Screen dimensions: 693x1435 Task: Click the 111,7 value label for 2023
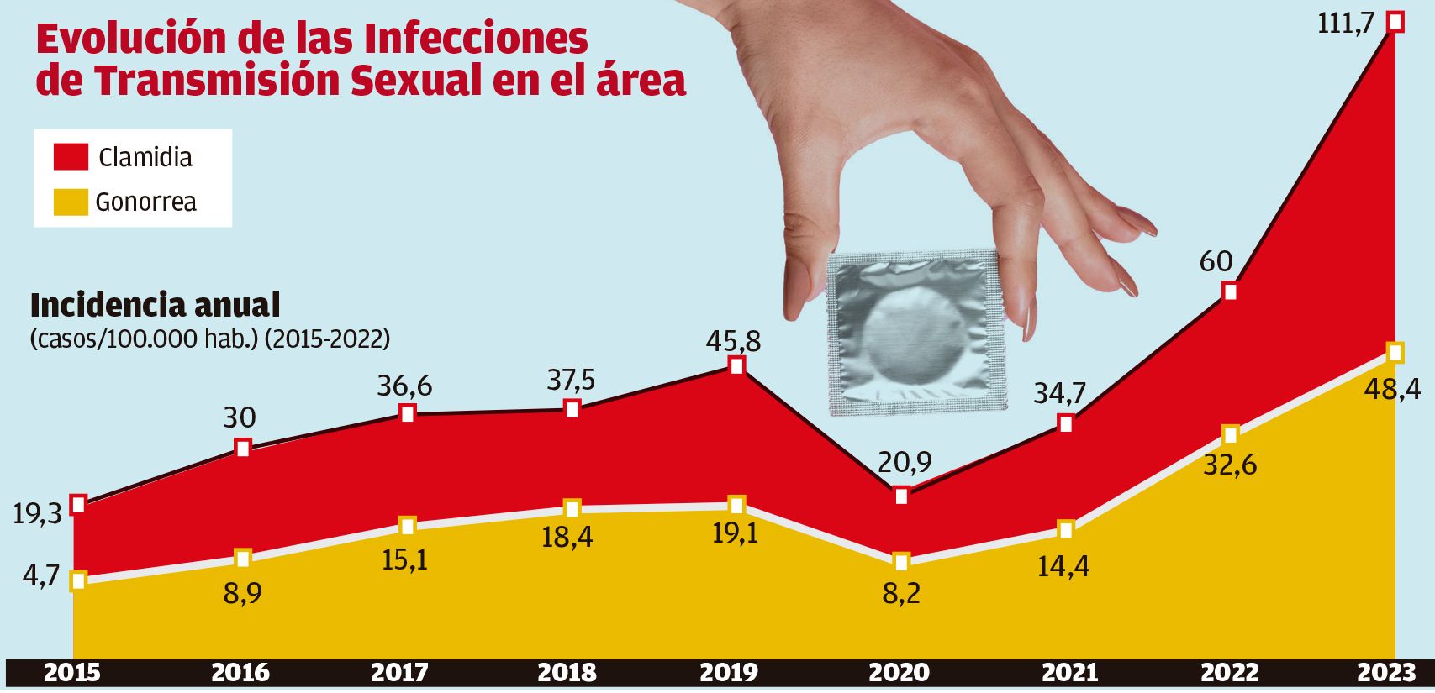pos(1346,23)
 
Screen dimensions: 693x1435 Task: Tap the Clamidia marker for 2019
pos(736,365)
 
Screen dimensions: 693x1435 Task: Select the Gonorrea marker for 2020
pos(901,561)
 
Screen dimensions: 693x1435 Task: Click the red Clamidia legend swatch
pos(71,157)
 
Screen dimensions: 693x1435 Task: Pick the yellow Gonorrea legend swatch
pos(71,202)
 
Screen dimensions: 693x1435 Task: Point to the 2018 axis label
pos(567,673)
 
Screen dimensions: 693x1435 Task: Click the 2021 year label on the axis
pos(1070,673)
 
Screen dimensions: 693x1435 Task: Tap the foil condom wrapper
pos(915,333)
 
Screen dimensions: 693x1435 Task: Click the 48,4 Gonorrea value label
pos(1391,389)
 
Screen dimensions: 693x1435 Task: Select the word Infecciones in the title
pos(476,39)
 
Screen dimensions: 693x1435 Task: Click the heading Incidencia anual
pos(155,306)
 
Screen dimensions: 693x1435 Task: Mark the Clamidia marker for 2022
pos(1230,291)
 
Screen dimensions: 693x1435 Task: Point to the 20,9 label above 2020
pos(905,462)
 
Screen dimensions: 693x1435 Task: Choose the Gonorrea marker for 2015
pos(78,580)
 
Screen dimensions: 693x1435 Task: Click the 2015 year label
pos(71,673)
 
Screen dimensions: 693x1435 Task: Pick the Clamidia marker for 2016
pos(242,448)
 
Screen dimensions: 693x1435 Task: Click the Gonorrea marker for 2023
pos(1395,353)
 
